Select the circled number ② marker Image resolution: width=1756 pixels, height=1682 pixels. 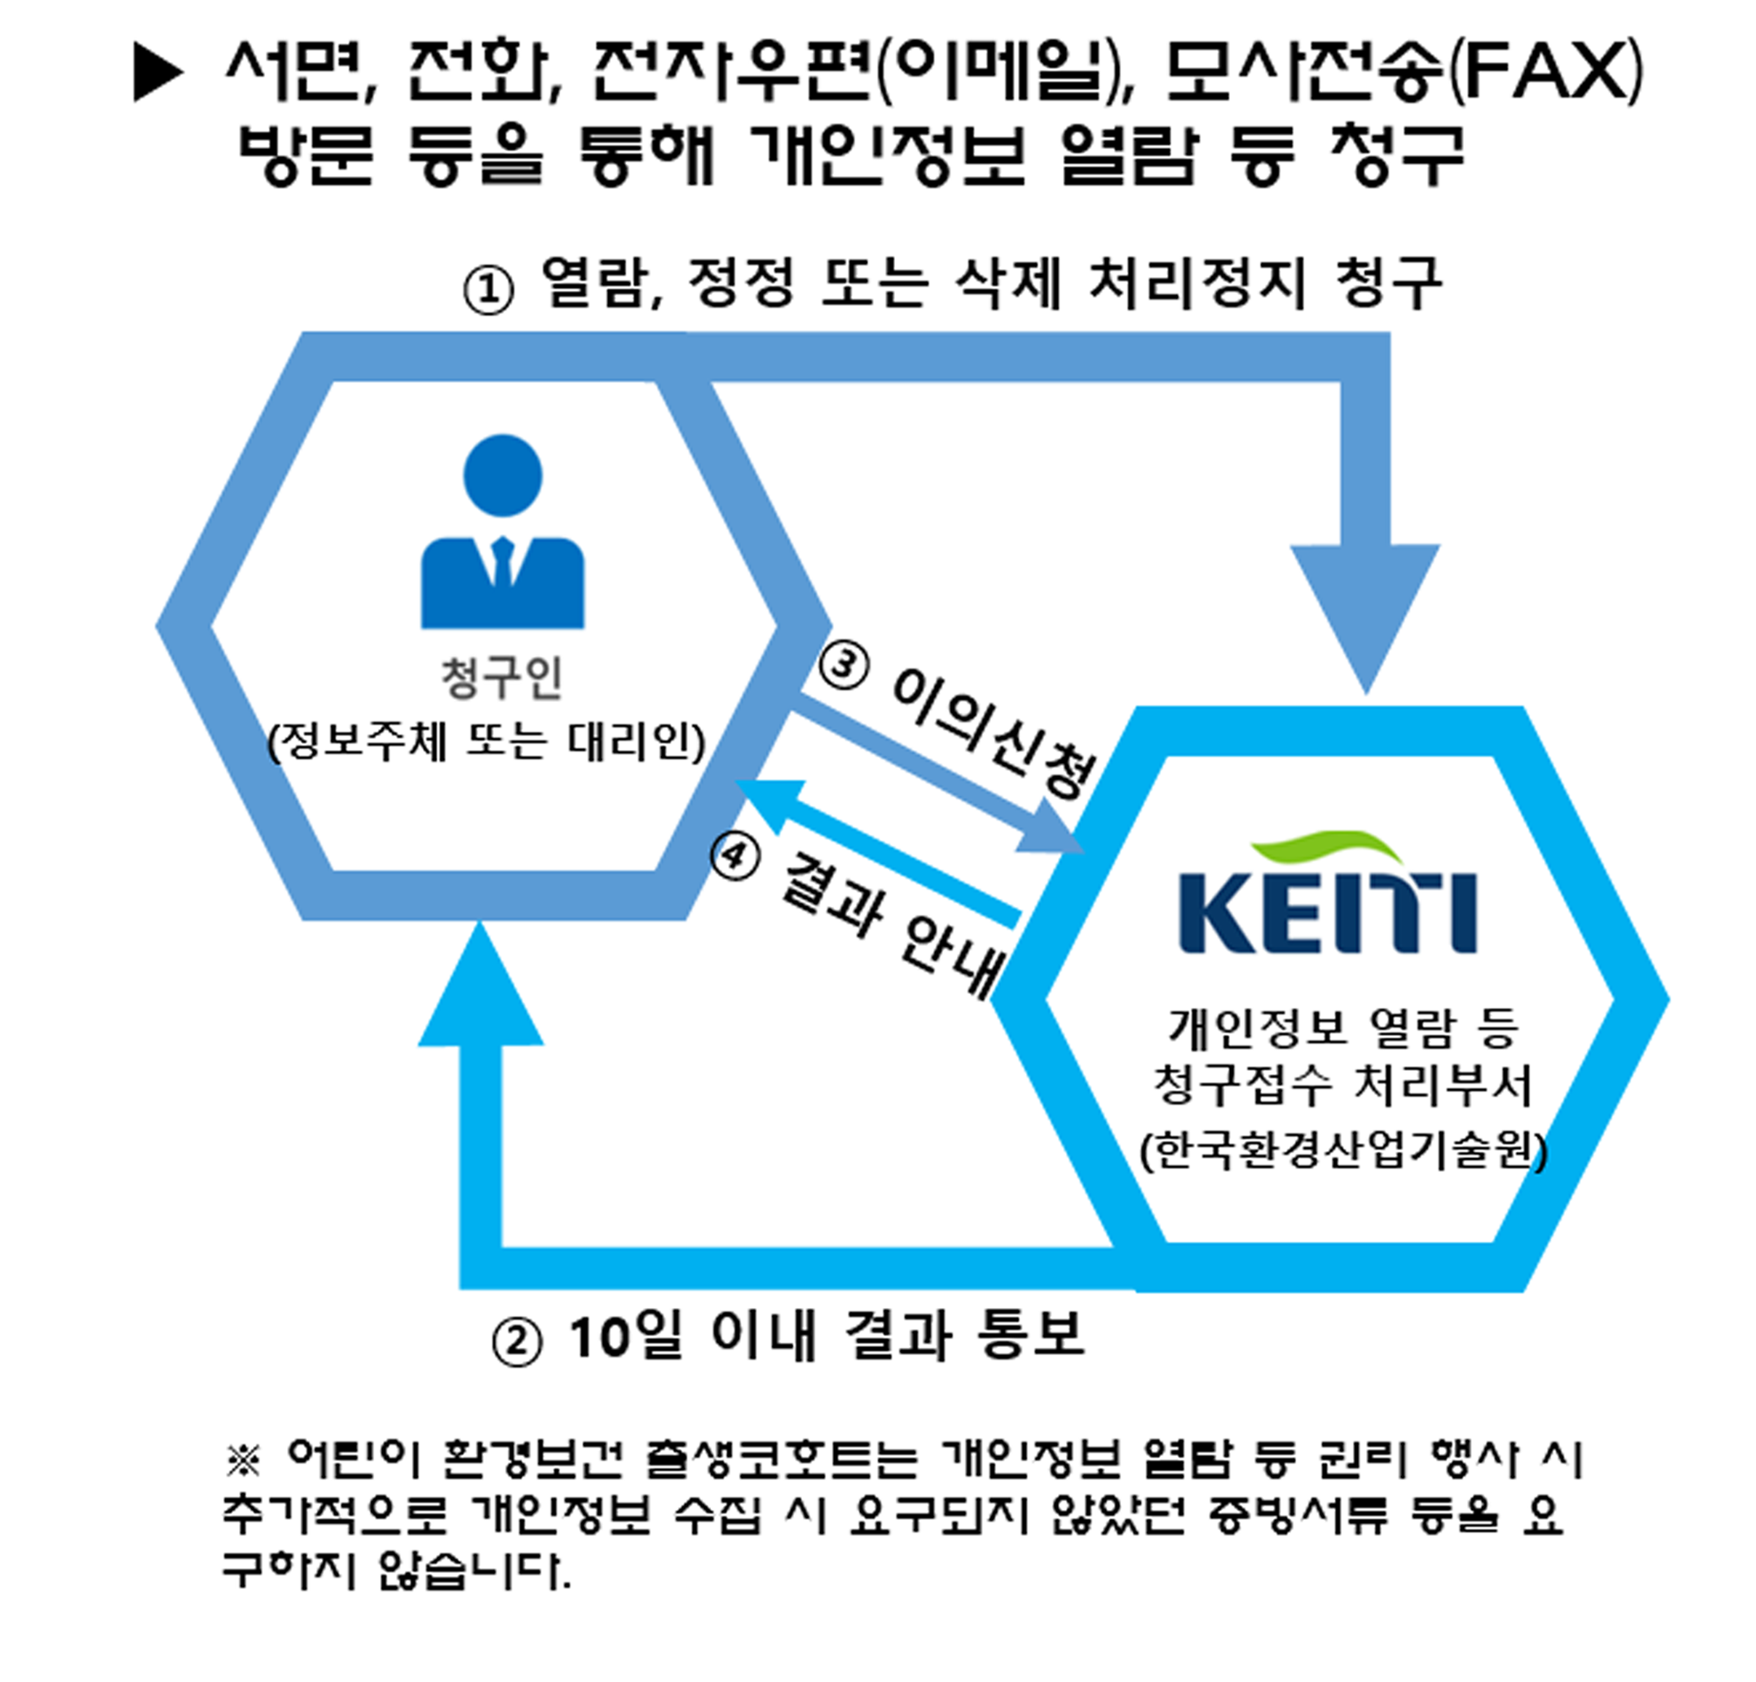(x=517, y=1344)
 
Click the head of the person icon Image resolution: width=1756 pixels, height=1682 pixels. (x=502, y=474)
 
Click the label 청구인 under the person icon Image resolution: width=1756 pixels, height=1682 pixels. (x=502, y=678)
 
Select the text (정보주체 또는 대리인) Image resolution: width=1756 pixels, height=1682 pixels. (x=487, y=741)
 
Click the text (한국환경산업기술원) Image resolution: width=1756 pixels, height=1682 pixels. (x=1343, y=1150)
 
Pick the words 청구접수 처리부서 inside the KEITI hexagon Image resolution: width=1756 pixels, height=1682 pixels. (x=1343, y=1085)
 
